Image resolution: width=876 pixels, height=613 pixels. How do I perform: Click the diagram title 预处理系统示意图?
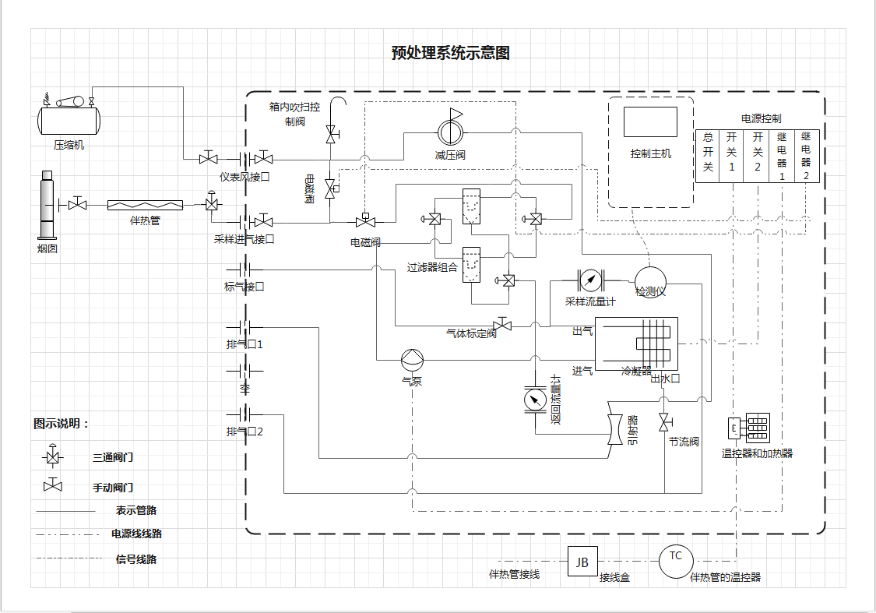[450, 53]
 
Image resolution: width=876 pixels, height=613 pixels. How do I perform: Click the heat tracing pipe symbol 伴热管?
[145, 205]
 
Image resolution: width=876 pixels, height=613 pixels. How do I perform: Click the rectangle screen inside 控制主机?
[650, 122]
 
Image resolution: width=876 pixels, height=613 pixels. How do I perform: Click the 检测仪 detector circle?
[650, 280]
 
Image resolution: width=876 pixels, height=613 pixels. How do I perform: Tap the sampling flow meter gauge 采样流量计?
[591, 280]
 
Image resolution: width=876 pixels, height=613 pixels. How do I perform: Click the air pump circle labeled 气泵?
[412, 360]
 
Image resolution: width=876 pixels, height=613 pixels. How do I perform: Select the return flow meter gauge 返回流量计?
[536, 400]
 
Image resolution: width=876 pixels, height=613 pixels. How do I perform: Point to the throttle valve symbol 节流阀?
[663, 423]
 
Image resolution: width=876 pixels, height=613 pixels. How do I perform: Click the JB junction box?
[582, 562]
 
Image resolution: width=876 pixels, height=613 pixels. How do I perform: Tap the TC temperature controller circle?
[676, 561]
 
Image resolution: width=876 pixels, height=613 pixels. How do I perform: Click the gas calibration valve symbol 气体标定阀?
[502, 324]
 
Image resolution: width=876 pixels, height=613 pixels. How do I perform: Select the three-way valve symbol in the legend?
[53, 456]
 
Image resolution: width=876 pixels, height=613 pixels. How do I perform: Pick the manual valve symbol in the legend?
[53, 485]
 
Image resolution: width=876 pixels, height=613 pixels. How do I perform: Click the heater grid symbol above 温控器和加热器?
[758, 428]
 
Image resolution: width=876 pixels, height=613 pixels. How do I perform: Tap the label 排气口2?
[245, 432]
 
